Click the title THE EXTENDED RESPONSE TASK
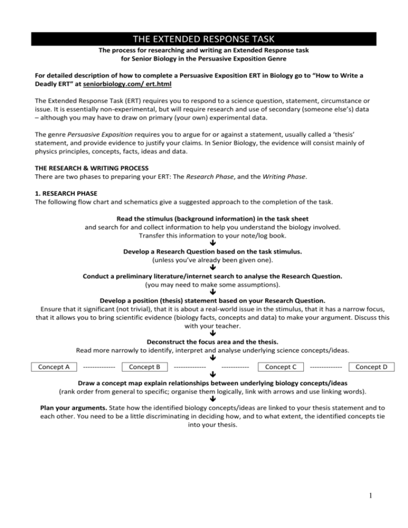click(204, 38)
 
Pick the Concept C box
click(280, 367)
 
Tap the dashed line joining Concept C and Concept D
click(326, 367)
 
